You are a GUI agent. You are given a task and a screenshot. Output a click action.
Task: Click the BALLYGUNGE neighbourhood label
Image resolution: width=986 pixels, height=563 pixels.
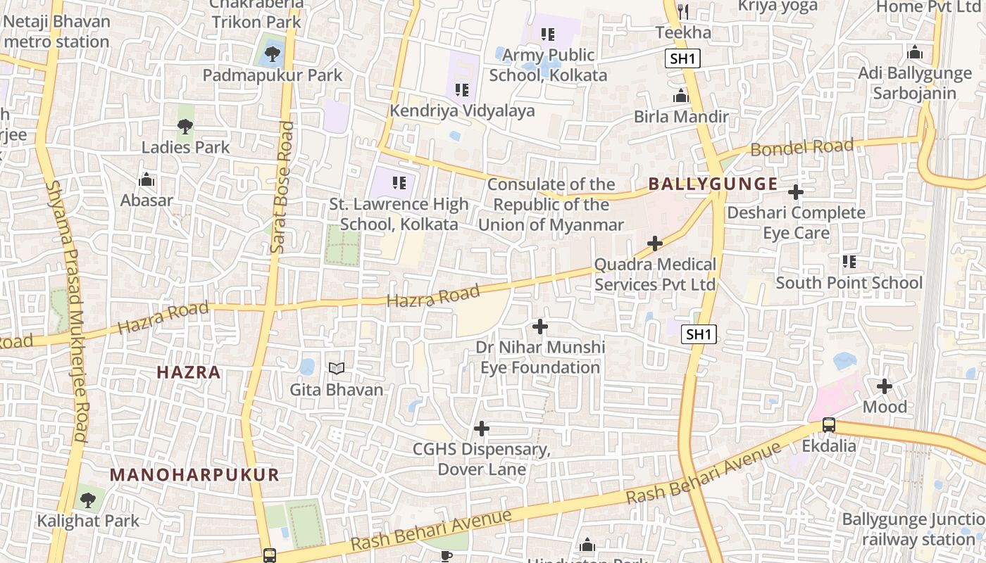713,184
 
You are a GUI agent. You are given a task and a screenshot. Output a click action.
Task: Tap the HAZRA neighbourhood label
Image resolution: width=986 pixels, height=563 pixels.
189,372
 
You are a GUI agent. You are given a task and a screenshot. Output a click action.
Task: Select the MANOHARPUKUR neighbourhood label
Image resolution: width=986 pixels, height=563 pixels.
194,474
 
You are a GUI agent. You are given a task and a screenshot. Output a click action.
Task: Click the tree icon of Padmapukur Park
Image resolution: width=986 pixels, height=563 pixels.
272,53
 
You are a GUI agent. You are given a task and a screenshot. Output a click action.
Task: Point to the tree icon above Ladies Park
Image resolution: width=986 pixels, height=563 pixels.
185,127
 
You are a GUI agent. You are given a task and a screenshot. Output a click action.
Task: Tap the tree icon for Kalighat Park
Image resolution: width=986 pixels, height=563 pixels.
87,500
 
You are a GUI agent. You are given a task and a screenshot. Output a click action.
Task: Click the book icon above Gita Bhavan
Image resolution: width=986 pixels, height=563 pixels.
337,368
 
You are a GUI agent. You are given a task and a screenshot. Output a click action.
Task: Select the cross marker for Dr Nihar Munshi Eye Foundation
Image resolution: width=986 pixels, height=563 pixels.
540,327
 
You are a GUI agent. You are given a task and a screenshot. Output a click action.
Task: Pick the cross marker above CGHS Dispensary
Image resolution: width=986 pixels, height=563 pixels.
482,428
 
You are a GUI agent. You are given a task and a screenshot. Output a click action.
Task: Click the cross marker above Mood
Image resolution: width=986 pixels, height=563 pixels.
885,386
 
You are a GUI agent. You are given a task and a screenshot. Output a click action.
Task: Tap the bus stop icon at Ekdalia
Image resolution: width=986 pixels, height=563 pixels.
829,425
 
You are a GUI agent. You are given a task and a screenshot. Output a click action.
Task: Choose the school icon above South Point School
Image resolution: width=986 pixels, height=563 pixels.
849,262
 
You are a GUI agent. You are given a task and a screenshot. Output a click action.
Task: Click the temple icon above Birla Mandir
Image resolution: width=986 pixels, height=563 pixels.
681,96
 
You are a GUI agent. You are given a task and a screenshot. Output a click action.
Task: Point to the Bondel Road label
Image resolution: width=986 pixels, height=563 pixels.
801,148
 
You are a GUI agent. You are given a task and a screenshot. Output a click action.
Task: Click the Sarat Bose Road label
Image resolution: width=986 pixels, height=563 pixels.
281,187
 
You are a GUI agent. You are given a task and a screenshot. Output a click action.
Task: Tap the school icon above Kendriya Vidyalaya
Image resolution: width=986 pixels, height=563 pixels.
462,89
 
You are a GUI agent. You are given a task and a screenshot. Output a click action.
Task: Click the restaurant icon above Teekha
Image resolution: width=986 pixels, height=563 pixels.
682,11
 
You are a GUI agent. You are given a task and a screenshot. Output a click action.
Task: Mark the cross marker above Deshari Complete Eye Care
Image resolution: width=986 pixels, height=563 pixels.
796,191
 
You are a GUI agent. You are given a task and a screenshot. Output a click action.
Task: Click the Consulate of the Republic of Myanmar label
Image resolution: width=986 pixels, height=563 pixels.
551,205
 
